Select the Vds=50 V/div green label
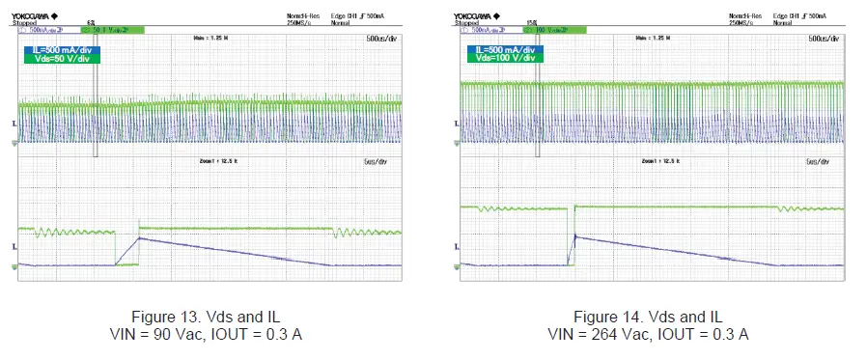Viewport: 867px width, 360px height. [x=65, y=59]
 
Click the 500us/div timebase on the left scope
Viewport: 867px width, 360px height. [x=382, y=40]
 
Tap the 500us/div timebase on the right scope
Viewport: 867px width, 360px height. [x=825, y=40]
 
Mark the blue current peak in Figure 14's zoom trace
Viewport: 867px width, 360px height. [x=575, y=235]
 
